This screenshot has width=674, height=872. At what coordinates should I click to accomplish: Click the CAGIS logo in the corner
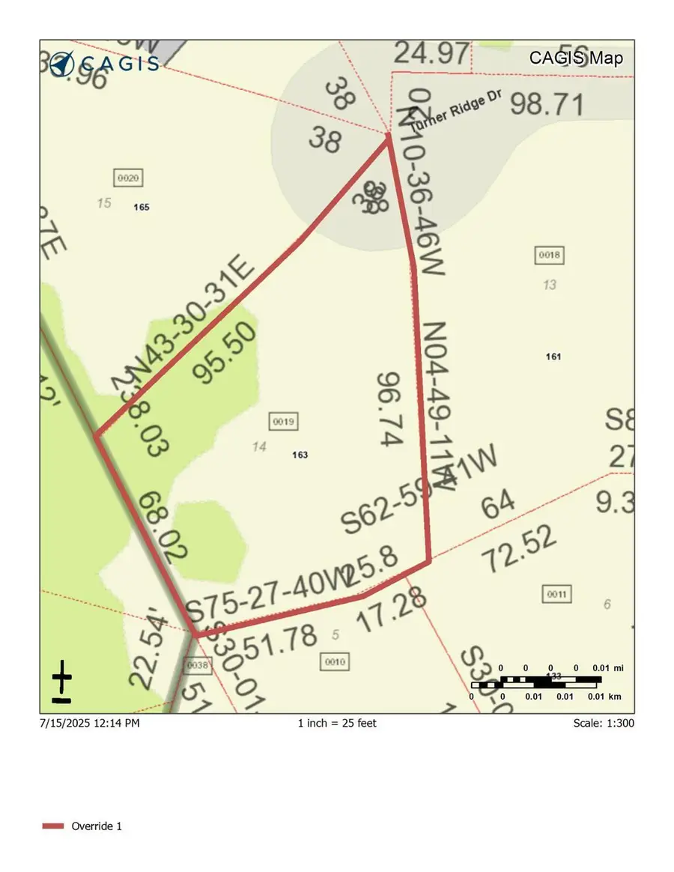[x=104, y=62]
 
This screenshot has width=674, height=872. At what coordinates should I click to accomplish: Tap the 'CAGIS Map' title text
[x=576, y=58]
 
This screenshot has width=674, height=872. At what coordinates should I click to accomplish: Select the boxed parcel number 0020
[x=128, y=178]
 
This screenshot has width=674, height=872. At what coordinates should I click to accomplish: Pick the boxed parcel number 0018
[x=549, y=255]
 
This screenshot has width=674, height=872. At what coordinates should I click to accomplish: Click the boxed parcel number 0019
[x=283, y=422]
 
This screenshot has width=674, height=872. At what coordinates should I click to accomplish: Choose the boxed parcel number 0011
[x=557, y=594]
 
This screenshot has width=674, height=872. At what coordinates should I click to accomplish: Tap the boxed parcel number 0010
[x=334, y=661]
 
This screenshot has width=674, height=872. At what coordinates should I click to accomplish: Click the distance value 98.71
[x=547, y=106]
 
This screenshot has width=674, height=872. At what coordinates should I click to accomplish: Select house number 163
[x=300, y=455]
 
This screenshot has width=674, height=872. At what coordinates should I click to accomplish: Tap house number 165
[x=142, y=207]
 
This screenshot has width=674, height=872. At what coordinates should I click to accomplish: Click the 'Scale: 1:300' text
[x=603, y=723]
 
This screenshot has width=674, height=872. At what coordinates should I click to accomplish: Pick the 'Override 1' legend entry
[x=96, y=826]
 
